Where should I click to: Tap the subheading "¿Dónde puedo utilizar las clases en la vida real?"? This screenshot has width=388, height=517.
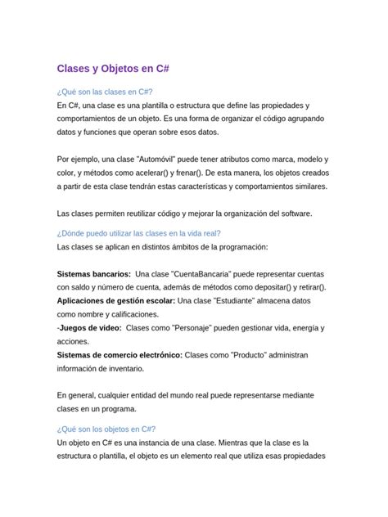click(139, 232)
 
